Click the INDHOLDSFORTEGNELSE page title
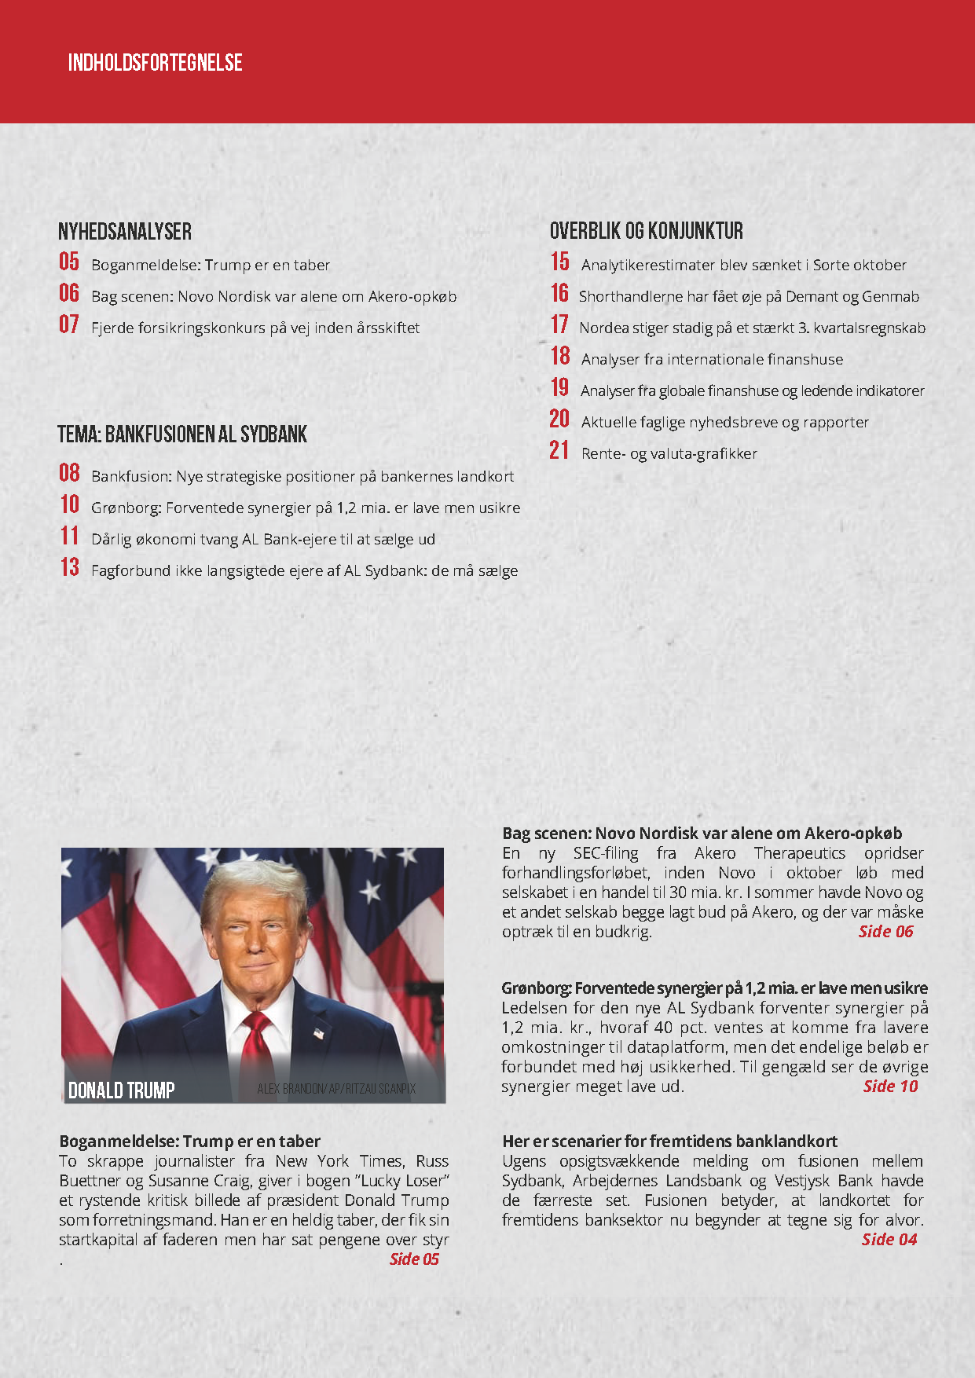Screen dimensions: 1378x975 (x=155, y=63)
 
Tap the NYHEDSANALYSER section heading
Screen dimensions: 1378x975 (x=125, y=232)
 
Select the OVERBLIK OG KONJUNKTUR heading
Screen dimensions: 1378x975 (x=646, y=231)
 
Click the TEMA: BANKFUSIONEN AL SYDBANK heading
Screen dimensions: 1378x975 (x=182, y=434)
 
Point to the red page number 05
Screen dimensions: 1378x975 (x=69, y=262)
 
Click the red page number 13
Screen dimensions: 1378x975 (x=69, y=567)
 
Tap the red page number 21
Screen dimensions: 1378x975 (x=559, y=450)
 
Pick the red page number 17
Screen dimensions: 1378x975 (x=559, y=324)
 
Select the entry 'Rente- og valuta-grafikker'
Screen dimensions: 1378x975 (x=669, y=453)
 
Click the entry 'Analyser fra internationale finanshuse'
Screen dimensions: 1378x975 (x=712, y=359)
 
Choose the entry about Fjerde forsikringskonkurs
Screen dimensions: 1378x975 (x=255, y=328)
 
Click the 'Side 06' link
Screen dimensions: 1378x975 (x=885, y=932)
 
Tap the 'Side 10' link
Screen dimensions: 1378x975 (x=890, y=1087)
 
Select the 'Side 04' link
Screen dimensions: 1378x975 (x=889, y=1240)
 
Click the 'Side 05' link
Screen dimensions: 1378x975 (x=414, y=1259)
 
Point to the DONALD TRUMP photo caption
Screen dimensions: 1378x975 (x=121, y=1090)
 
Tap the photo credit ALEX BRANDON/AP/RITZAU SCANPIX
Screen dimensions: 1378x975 (x=336, y=1090)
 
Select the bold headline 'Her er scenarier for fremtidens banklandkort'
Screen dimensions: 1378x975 (x=669, y=1142)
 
